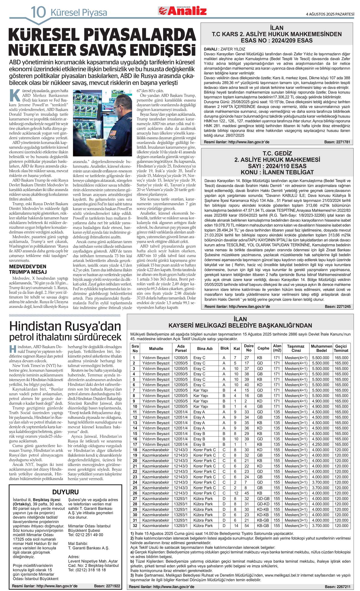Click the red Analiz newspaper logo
pos(182,11)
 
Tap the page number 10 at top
pos(38,12)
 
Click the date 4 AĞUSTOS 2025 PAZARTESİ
pos(330,14)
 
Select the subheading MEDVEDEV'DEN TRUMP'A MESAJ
pos(28,269)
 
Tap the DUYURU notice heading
pos(65,492)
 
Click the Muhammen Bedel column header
pos(321,348)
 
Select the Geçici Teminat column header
pos(341,348)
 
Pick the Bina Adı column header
pos(205,349)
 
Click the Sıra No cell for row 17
pos(135,444)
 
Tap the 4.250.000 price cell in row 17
pos(321,444)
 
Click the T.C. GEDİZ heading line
pos(277,153)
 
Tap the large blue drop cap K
pos(15,95)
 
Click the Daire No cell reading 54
pos(246,526)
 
